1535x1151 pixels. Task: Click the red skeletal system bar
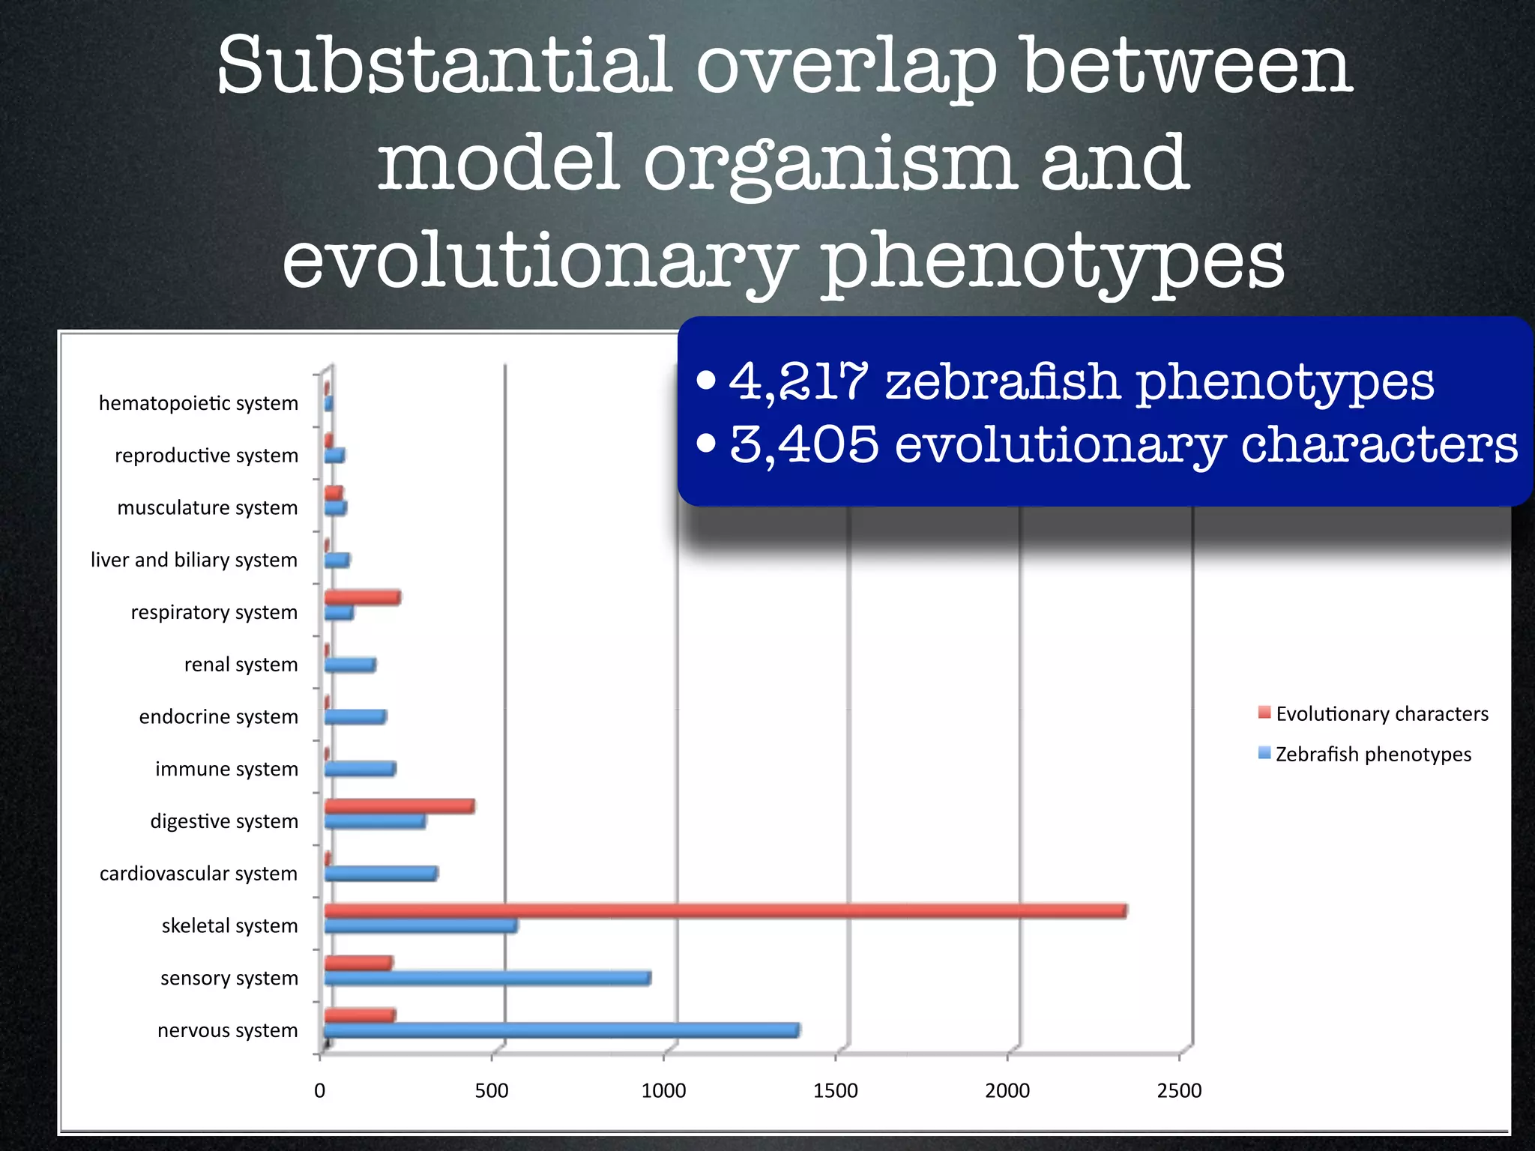(725, 910)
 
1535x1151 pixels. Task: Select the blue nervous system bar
(561, 1030)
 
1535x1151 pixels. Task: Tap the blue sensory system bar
(487, 978)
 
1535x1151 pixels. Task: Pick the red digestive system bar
(399, 806)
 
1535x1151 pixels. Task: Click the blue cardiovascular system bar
(380, 873)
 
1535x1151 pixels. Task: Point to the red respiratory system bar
(362, 597)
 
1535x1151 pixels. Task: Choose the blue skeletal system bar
(420, 925)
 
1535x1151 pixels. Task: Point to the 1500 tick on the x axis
(835, 1090)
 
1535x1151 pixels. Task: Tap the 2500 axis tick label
(1178, 1090)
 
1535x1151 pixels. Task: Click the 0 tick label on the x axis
(320, 1090)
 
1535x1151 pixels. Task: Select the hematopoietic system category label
(198, 403)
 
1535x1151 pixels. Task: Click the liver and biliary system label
(193, 560)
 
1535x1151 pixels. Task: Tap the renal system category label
(241, 665)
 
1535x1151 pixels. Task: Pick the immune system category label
(226, 769)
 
